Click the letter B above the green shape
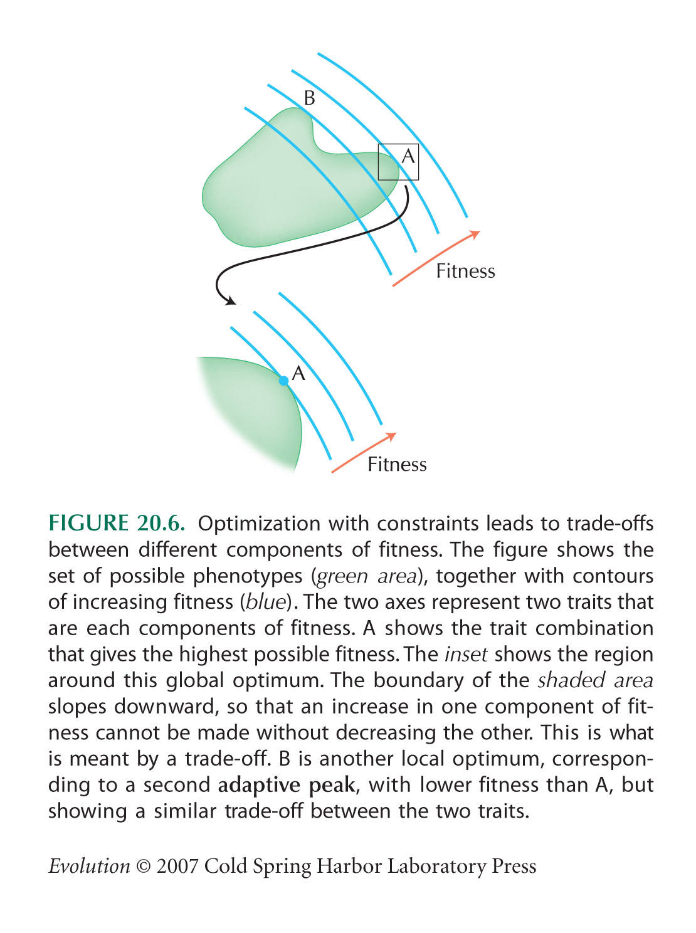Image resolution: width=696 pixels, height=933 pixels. (309, 98)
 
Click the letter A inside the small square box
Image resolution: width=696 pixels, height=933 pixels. (408, 156)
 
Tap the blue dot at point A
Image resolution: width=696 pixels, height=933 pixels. (283, 381)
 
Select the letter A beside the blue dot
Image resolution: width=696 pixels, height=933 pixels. (298, 373)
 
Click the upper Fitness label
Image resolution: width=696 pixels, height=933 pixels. (466, 271)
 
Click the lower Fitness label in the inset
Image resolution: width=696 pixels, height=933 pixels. (398, 464)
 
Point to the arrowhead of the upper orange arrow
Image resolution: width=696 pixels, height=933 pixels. (475, 235)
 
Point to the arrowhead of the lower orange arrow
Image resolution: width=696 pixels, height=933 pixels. (391, 436)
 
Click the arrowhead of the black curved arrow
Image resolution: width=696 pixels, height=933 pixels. (230, 301)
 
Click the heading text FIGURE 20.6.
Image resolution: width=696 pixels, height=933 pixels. (117, 523)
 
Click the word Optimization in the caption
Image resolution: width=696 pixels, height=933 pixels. (259, 524)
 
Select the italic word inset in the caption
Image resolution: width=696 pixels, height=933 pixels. (466, 655)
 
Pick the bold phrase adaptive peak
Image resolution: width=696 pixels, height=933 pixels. (287, 785)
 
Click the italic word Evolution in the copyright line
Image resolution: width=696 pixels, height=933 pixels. (89, 867)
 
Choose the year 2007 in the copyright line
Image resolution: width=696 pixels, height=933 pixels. (177, 867)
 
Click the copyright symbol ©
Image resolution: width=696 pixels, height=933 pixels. (143, 867)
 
